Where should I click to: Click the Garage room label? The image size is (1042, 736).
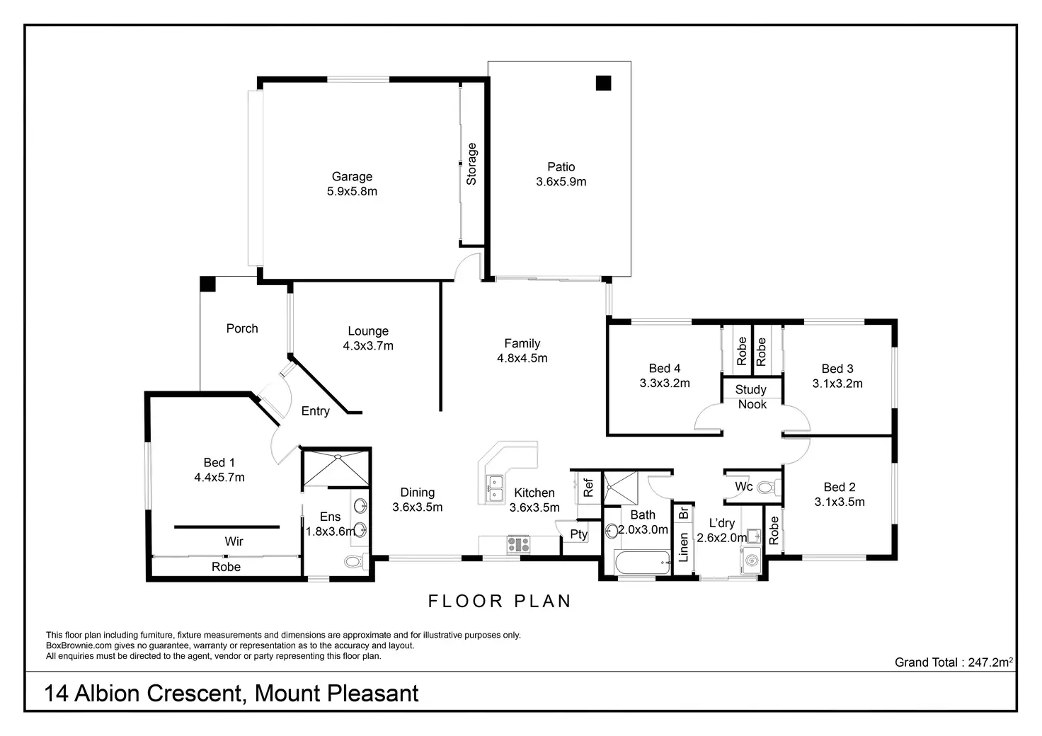[352, 177]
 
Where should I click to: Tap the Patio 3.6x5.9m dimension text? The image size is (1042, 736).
[561, 182]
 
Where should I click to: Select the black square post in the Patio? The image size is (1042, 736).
[603, 83]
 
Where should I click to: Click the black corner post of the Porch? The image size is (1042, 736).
[207, 284]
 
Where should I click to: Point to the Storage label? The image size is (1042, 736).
[471, 164]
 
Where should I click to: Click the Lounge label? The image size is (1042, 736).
[368, 331]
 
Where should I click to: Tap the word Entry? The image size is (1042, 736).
[316, 411]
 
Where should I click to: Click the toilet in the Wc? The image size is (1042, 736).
[769, 488]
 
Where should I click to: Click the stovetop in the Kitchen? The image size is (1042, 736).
[518, 544]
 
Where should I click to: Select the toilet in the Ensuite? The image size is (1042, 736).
[356, 562]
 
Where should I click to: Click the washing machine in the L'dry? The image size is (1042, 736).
[752, 560]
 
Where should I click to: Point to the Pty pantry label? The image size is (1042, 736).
[578, 534]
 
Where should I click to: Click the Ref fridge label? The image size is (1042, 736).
[588, 488]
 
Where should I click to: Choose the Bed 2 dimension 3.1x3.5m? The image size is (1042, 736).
[840, 502]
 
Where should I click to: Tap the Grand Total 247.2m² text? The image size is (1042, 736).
[954, 662]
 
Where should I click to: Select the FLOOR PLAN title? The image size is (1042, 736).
[499, 601]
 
